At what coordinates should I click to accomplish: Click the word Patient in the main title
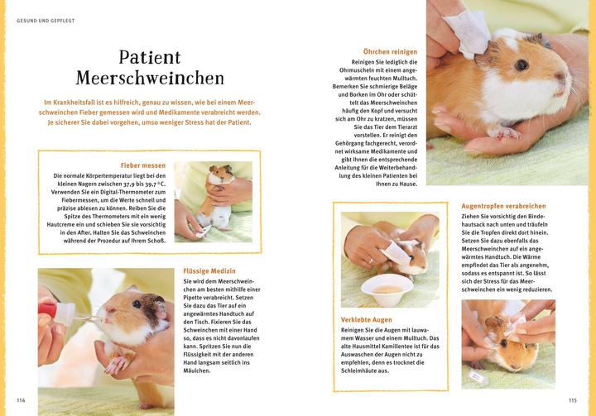tap(149, 57)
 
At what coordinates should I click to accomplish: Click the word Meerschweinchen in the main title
tap(150, 79)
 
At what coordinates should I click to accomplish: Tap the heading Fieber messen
tap(142, 165)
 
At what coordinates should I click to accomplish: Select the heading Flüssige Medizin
tap(209, 270)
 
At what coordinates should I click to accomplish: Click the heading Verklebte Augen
tap(366, 318)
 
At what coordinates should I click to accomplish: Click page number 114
tap(22, 400)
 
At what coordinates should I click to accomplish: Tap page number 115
tap(572, 400)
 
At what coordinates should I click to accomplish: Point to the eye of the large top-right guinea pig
tap(521, 64)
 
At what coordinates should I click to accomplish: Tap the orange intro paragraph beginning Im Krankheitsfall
tap(150, 112)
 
